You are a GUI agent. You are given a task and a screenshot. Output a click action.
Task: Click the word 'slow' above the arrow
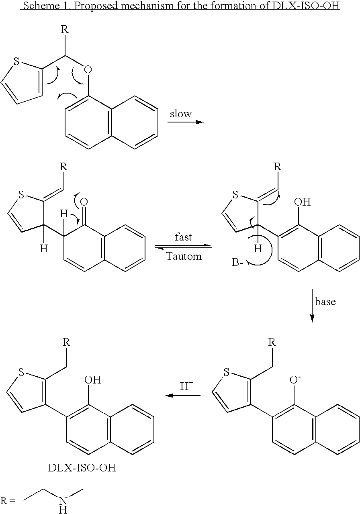[x=180, y=114]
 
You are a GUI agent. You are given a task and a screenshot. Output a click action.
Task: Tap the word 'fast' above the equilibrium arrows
[x=183, y=237]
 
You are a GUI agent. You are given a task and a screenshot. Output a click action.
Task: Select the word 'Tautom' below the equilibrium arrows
[x=184, y=256]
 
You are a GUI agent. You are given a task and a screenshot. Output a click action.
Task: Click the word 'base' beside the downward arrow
[x=325, y=301]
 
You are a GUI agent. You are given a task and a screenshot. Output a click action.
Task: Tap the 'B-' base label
[x=237, y=262]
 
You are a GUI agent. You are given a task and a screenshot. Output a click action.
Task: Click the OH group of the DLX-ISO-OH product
[x=92, y=380]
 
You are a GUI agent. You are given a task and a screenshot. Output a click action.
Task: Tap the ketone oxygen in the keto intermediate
[x=84, y=202]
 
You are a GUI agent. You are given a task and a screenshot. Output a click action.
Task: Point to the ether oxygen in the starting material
[x=88, y=69]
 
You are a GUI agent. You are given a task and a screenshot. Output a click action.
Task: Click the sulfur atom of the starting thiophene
[x=16, y=61]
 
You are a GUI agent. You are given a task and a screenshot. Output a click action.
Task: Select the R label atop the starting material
[x=65, y=30]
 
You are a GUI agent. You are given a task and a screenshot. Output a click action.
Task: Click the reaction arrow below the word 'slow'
[x=186, y=122]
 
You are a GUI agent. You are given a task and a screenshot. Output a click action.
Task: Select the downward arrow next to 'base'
[x=312, y=306]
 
